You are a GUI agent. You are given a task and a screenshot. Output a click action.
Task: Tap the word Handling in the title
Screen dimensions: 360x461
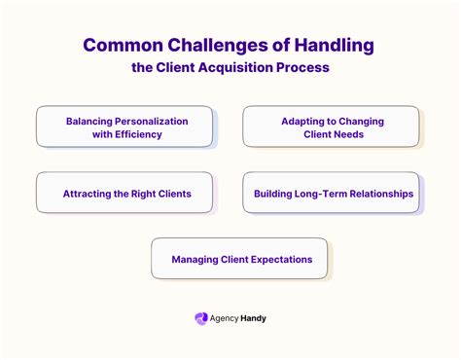point(333,46)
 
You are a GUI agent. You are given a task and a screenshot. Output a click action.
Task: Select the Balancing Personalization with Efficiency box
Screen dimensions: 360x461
point(124,126)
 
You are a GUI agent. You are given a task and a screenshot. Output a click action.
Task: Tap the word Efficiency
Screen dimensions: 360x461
point(138,134)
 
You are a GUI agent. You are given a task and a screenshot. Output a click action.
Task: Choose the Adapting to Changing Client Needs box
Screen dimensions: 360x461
point(332,126)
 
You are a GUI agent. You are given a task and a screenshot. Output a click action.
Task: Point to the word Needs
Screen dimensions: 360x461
point(348,134)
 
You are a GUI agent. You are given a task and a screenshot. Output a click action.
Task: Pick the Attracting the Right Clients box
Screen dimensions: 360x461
point(124,193)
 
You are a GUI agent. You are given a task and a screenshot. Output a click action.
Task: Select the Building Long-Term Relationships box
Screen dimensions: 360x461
point(332,193)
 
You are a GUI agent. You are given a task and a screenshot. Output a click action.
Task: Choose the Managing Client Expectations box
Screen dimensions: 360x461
point(240,259)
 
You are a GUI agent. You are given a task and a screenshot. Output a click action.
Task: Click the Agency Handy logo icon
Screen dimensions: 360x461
point(201,318)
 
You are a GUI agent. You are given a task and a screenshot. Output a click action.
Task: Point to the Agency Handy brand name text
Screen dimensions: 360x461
point(239,318)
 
